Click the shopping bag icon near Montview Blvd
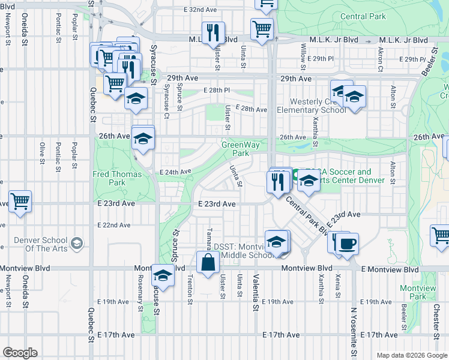click(208, 262)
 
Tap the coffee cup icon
click(347, 244)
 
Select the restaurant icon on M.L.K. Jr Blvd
click(213, 33)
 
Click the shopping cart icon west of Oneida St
click(20, 201)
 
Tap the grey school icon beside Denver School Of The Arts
click(77, 243)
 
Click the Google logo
click(20, 353)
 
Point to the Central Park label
click(363, 16)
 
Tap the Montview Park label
click(414, 292)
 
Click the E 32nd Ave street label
click(194, 10)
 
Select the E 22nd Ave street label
click(114, 225)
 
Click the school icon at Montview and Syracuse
click(163, 275)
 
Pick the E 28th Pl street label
click(216, 90)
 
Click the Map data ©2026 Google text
click(411, 355)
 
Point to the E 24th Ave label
click(175, 172)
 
